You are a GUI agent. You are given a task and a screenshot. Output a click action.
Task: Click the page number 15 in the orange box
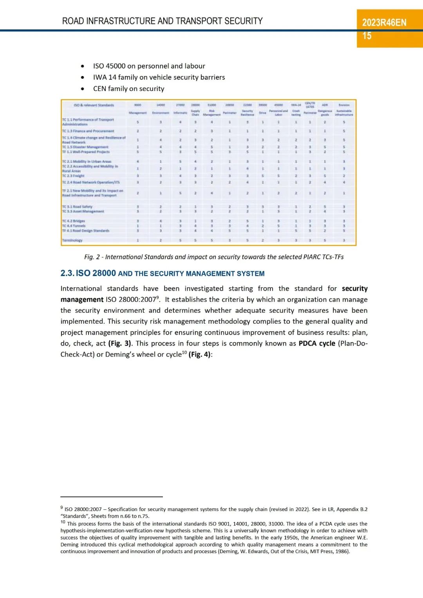click(x=367, y=36)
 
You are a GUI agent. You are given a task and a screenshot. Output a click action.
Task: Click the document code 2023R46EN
click(x=384, y=23)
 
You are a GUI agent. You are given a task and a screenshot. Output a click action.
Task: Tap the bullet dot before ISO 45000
click(x=82, y=66)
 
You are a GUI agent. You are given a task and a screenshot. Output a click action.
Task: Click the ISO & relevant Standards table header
click(x=94, y=105)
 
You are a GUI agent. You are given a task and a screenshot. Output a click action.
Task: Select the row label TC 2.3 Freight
click(x=73, y=176)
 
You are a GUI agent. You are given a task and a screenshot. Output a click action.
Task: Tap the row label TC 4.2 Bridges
click(x=73, y=221)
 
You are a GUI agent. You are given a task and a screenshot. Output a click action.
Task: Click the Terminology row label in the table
click(x=72, y=240)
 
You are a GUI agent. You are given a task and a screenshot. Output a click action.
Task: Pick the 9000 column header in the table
click(x=137, y=105)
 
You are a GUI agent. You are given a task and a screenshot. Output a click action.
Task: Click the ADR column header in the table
click(x=325, y=105)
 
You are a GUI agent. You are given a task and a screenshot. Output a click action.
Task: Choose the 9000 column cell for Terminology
click(x=137, y=240)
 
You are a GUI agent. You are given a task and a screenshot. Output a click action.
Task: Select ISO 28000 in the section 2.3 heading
click(x=96, y=273)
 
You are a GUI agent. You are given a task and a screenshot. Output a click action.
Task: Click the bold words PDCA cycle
click(x=316, y=343)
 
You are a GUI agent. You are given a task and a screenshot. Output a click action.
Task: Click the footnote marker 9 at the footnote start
click(x=62, y=508)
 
